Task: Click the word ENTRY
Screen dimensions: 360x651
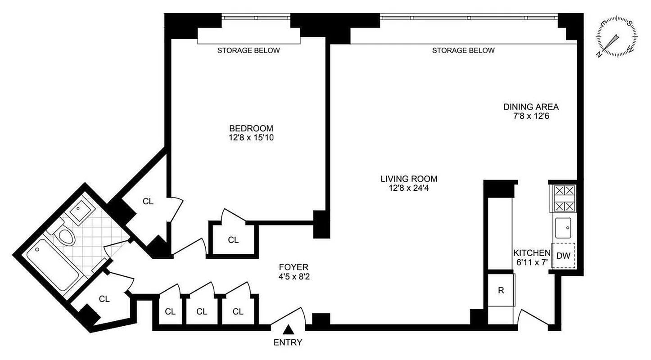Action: tap(288, 342)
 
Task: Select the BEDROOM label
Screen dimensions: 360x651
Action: tap(251, 129)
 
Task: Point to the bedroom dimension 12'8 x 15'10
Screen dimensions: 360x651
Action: tap(251, 138)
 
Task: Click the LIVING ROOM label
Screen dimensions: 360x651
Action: tap(408, 179)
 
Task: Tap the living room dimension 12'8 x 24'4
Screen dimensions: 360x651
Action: tap(408, 188)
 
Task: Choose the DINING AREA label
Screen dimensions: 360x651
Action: tap(531, 107)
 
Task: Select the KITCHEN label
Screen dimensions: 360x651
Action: tap(532, 253)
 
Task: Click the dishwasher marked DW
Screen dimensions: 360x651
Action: tap(563, 256)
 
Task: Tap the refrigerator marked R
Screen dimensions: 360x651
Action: tap(500, 290)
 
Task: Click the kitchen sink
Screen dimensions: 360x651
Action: tap(563, 228)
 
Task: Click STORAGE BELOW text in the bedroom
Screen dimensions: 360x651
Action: tap(249, 50)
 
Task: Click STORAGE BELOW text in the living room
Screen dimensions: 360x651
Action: tap(463, 50)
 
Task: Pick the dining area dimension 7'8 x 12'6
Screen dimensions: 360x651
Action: tap(531, 116)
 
